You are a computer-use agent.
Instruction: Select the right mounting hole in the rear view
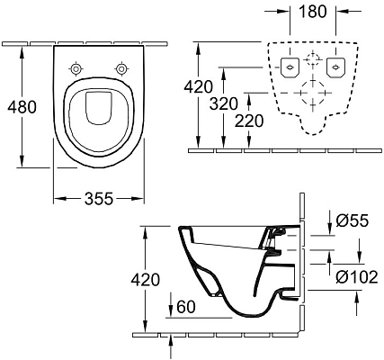tap(335, 67)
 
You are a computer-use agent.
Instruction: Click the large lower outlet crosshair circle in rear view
tap(311, 94)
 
